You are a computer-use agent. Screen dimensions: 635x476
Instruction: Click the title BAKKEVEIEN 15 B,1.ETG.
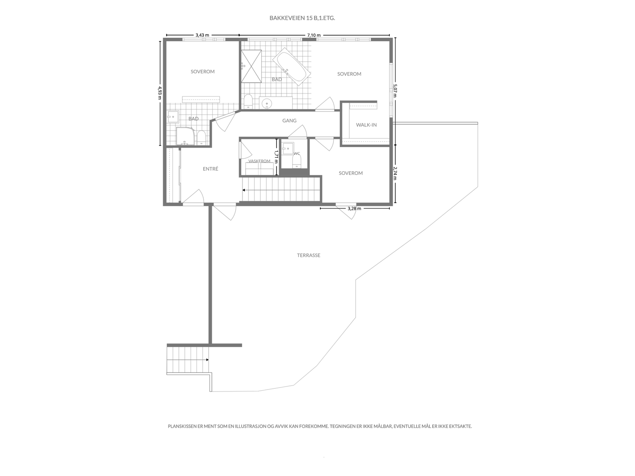point(302,18)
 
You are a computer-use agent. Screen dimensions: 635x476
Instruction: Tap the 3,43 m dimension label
point(202,35)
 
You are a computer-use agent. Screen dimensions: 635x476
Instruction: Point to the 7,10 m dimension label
point(314,35)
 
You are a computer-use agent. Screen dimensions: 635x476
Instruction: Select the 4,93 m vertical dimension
point(160,93)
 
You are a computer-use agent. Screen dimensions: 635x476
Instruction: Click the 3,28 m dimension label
point(354,208)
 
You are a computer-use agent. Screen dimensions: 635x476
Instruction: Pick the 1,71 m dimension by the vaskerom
point(276,156)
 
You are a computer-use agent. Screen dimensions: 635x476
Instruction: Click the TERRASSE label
point(309,255)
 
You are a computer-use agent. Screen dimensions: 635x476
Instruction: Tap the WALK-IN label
point(366,125)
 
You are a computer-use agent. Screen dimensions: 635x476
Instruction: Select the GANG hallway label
point(289,121)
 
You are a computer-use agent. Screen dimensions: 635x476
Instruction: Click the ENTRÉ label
point(210,169)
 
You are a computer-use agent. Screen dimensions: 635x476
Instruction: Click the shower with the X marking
point(251,66)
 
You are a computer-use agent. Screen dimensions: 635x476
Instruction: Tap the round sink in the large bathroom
point(267,103)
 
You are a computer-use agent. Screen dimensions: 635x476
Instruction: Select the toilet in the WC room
point(296,161)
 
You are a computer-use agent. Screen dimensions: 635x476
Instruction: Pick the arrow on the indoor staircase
point(244,190)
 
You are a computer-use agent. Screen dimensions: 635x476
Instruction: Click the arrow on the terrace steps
point(207,360)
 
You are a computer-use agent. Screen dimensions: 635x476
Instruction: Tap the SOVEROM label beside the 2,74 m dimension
point(350,173)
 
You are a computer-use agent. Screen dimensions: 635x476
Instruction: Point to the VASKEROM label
point(259,161)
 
